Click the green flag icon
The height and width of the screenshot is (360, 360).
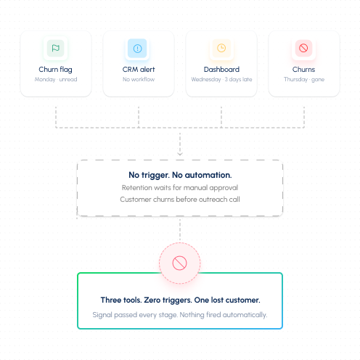coord(55,48)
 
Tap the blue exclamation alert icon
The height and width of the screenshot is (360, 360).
coord(137,49)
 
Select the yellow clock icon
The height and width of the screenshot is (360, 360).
coord(221,48)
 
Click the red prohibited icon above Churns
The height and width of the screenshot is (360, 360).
coord(303,48)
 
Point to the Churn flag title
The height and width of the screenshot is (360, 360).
coord(55,70)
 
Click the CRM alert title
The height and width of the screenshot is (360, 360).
coord(139,70)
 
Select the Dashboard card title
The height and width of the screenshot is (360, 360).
coord(221,70)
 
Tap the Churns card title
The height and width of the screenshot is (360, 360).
coord(303,70)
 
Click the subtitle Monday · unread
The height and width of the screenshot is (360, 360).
coord(56,79)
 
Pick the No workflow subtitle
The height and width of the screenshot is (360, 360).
coord(139,79)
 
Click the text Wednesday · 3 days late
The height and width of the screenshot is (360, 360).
coord(221,79)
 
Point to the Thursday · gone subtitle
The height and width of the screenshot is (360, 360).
coord(304,79)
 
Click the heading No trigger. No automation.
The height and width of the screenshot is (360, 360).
coord(180,175)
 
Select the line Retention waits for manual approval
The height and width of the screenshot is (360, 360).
coord(180,188)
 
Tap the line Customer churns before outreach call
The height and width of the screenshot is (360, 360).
coord(180,200)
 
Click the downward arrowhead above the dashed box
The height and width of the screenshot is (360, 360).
coord(180,154)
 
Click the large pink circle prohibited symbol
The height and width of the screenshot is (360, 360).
coord(179,263)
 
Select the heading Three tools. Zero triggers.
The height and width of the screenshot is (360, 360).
coord(146,300)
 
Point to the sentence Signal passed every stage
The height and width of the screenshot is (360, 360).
coord(135,315)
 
